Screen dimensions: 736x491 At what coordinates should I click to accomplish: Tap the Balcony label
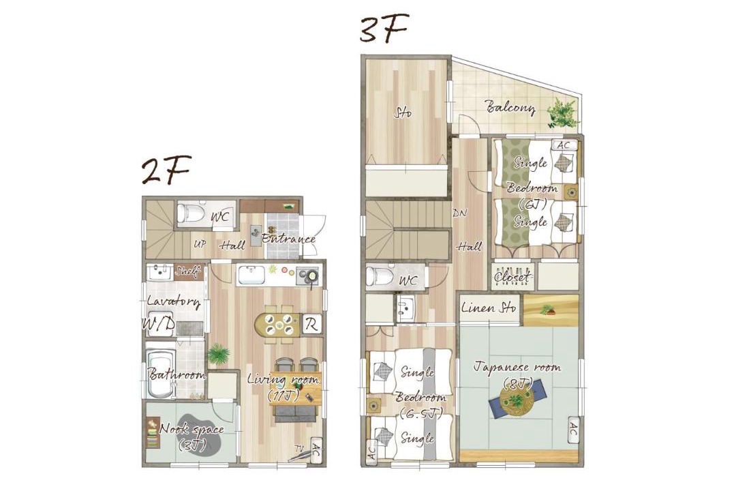pos(510,108)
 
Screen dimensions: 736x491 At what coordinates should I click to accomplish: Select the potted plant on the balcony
pos(563,113)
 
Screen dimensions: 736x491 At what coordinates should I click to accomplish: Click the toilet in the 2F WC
pos(192,213)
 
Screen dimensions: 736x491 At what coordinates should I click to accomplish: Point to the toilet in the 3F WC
pos(380,276)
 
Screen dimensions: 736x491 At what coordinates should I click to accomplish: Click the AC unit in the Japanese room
pos(574,430)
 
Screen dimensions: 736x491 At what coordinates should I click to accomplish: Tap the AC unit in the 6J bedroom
pos(564,145)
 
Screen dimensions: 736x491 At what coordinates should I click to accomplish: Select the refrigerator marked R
pos(311,324)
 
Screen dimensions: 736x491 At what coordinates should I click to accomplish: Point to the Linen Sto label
pos(489,308)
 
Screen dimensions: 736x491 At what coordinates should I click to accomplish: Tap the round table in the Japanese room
pos(516,402)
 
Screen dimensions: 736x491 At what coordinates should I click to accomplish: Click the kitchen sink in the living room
pos(251,276)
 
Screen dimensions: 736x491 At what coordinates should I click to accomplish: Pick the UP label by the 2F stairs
pos(200,244)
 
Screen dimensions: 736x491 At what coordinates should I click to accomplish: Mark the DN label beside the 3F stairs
pos(459,212)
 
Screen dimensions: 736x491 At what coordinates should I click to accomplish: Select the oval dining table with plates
pos(277,324)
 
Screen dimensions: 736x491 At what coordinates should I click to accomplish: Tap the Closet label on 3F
pos(514,277)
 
